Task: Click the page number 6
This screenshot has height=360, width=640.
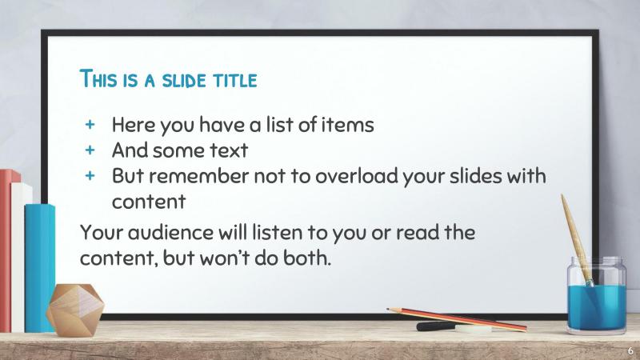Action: pos(630,351)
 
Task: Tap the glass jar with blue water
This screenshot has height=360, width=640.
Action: pos(596,296)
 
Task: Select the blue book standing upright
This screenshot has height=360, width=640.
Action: pos(40,256)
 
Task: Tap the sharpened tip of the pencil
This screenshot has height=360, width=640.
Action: pos(389,310)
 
